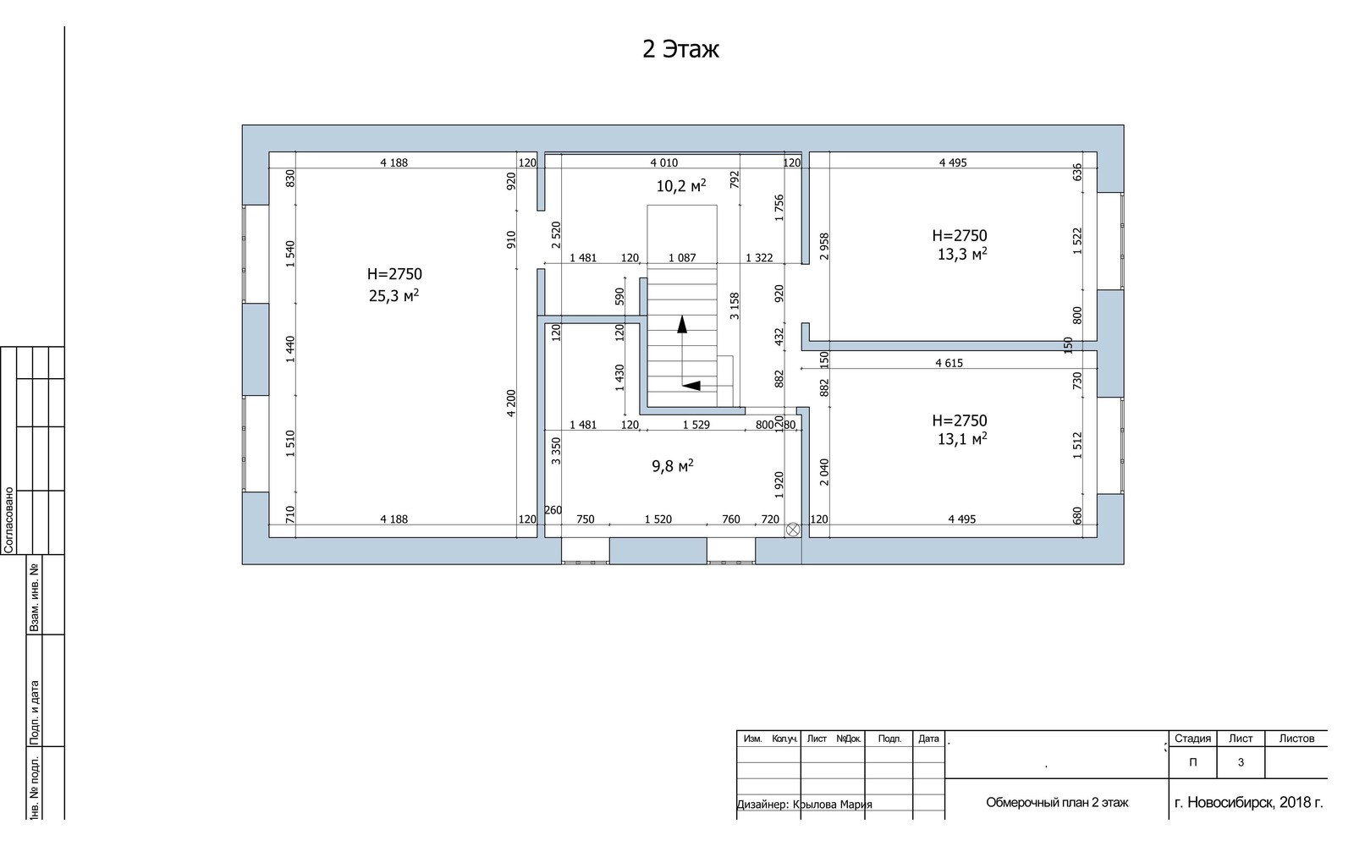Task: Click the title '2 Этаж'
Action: click(x=680, y=49)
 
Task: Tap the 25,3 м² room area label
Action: click(x=394, y=296)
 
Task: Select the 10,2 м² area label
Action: click(x=681, y=186)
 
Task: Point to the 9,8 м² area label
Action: click(x=672, y=466)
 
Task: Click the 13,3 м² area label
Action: click(x=962, y=255)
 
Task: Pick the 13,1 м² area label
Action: click(x=962, y=439)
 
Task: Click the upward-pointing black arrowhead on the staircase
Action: click(x=682, y=325)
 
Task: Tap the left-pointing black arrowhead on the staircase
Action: click(x=691, y=386)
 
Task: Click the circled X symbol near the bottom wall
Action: click(x=792, y=530)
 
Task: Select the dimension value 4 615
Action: click(x=949, y=363)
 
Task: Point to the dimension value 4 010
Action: click(x=663, y=162)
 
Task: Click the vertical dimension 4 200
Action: click(x=511, y=403)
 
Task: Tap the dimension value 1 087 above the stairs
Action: click(x=682, y=258)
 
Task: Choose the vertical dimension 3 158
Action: click(x=735, y=306)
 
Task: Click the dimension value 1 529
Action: click(x=696, y=425)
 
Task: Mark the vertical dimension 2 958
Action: click(x=824, y=246)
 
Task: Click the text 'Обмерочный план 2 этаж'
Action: click(x=1057, y=803)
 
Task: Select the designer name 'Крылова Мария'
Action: click(x=833, y=805)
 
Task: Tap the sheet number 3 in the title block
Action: click(x=1241, y=762)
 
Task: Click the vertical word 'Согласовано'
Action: click(x=8, y=519)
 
